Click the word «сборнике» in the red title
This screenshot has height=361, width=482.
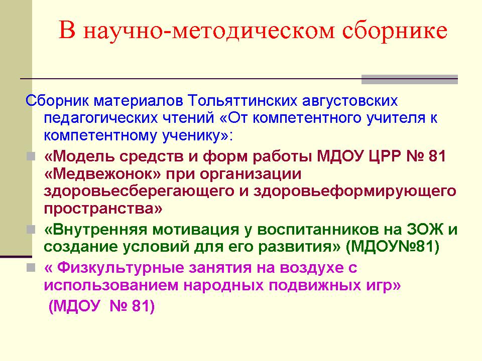tap(395, 31)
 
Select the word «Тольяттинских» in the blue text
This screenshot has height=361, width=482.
tap(243, 101)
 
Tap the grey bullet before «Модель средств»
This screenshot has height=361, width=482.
tap(31, 156)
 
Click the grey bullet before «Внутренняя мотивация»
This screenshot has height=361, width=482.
tap(31, 229)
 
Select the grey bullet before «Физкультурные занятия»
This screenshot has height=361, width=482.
tap(31, 268)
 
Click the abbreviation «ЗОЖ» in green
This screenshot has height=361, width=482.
tap(425, 229)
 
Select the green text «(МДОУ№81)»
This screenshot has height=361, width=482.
tap(393, 247)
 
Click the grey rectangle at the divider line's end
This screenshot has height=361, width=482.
tap(410, 80)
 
